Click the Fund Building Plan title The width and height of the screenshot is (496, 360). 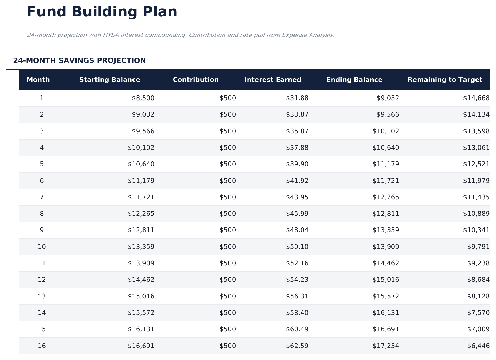tap(102, 12)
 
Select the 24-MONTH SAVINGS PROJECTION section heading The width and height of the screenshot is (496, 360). tap(79, 60)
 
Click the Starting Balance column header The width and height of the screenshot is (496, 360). tap(110, 80)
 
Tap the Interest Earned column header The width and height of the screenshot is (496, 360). tap(273, 80)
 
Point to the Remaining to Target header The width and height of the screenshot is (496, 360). tap(445, 80)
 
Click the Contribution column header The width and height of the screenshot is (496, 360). tap(196, 80)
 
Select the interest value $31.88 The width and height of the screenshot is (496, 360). tap(297, 98)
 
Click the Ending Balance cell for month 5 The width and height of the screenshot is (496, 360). tap(386, 164)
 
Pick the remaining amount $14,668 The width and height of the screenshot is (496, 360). tap(476, 98)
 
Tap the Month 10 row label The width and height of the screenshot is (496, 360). tap(42, 247)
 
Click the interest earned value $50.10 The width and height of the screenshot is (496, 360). tap(297, 247)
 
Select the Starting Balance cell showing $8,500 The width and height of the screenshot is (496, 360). tap(143, 98)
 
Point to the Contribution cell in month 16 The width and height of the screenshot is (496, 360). tap(228, 346)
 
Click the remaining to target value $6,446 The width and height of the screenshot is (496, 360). tap(478, 346)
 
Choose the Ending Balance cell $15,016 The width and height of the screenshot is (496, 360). tap(386, 280)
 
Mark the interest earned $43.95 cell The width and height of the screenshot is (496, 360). tap(297, 197)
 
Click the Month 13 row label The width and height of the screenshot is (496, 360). tap(42, 296)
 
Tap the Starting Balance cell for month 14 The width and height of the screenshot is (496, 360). tap(141, 313)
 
